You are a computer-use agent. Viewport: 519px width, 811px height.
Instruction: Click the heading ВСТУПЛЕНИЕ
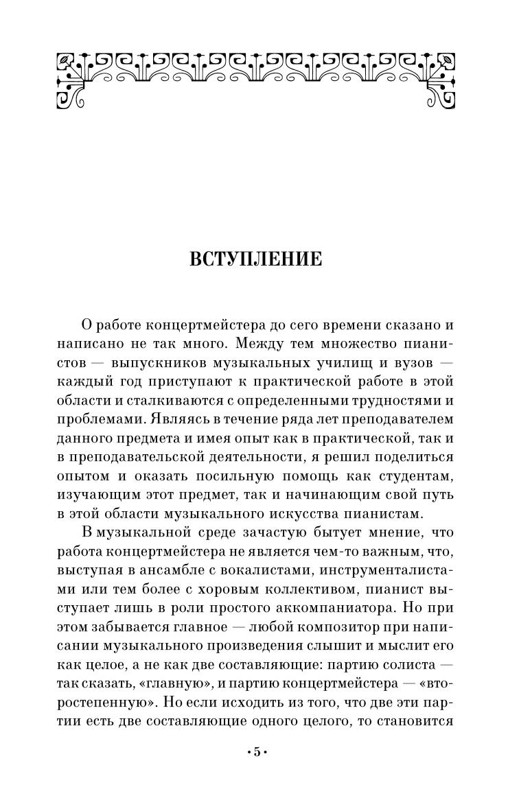tap(255, 259)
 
